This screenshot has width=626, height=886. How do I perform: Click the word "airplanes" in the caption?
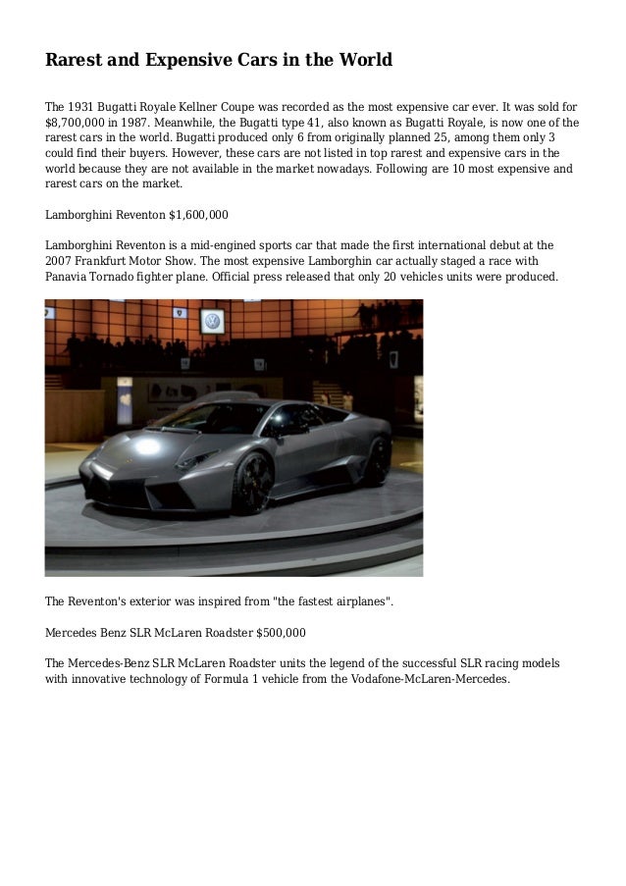356,600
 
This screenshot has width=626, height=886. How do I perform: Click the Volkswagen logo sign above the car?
212,320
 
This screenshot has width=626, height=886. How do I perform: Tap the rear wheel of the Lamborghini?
376,459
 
